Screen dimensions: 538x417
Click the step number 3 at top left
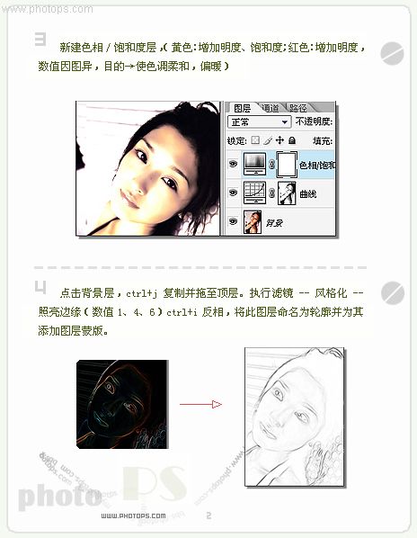pos(40,40)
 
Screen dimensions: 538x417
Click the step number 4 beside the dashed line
pos(40,287)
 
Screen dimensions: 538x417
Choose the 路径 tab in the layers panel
pos(298,107)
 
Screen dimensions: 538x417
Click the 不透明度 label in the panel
pos(314,121)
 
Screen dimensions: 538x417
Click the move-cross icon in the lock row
pos(279,140)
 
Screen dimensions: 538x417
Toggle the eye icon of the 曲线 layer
pos(233,192)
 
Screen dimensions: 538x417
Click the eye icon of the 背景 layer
pos(233,220)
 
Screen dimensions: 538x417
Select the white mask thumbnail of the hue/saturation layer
pos(286,165)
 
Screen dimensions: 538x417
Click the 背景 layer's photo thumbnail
pos(253,220)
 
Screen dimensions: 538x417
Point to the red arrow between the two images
pos(200,404)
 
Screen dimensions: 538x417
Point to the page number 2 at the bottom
pos(208,516)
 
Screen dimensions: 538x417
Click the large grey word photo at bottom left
pos(59,495)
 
